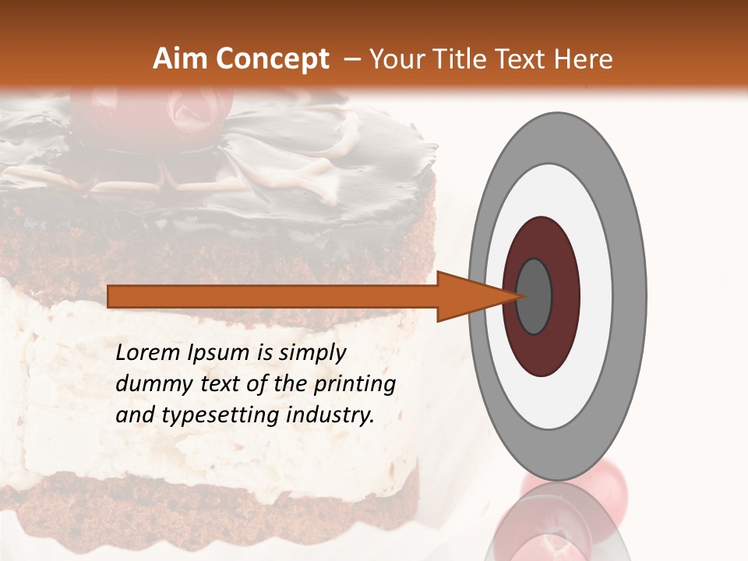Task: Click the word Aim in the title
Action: click(x=180, y=59)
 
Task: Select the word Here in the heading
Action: click(x=584, y=59)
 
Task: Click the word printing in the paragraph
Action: click(x=355, y=384)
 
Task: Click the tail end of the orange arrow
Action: click(x=117, y=296)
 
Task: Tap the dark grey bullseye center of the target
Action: click(x=534, y=296)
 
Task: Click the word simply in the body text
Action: click(x=312, y=353)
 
